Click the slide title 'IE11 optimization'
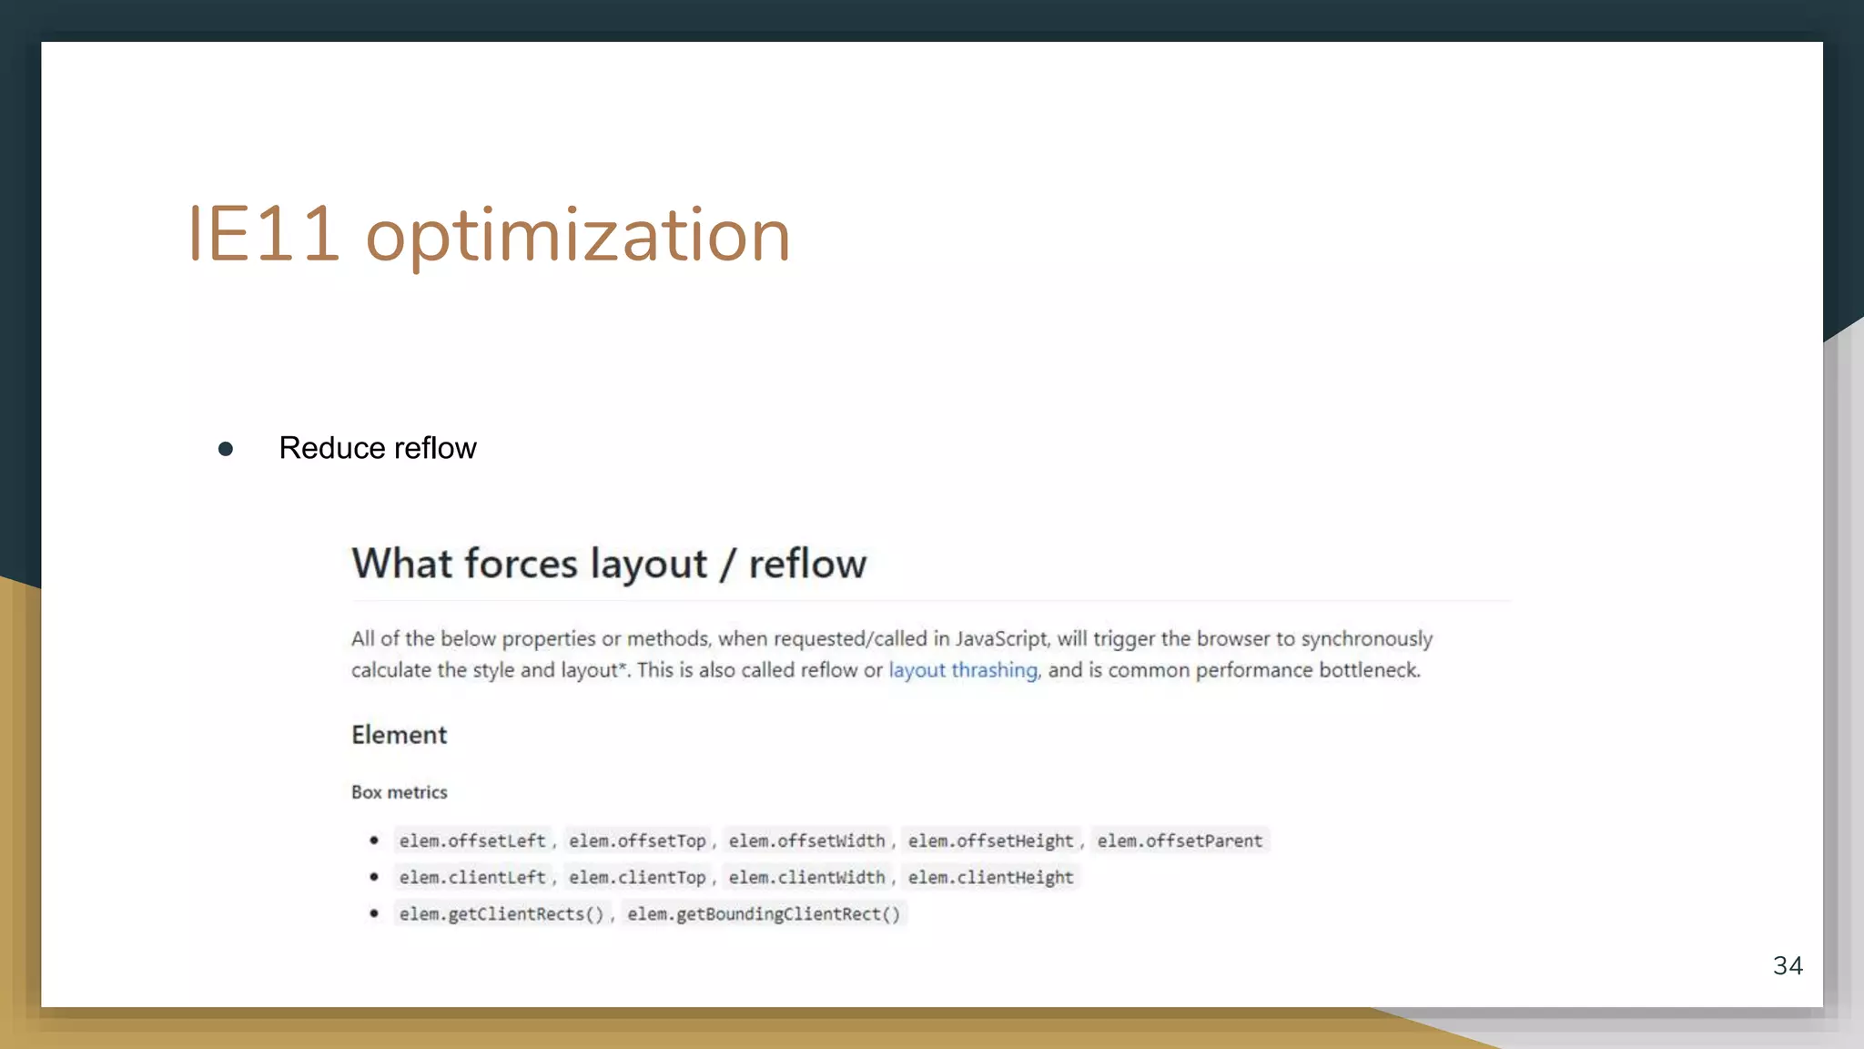click(489, 235)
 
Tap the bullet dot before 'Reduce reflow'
click(226, 449)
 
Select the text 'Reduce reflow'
click(377, 448)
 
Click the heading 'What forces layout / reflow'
click(609, 564)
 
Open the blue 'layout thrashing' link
click(963, 670)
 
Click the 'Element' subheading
click(399, 735)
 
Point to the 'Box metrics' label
click(399, 792)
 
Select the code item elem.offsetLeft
click(471, 840)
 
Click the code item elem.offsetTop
click(637, 840)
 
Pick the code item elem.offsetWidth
click(806, 840)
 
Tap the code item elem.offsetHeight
click(990, 840)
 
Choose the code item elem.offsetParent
click(1180, 840)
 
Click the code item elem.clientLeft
click(471, 877)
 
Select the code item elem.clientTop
click(637, 877)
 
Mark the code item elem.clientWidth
click(806, 877)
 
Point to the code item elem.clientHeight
click(990, 877)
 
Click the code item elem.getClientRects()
click(501, 913)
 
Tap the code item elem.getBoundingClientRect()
click(764, 913)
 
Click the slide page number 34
click(1788, 965)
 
